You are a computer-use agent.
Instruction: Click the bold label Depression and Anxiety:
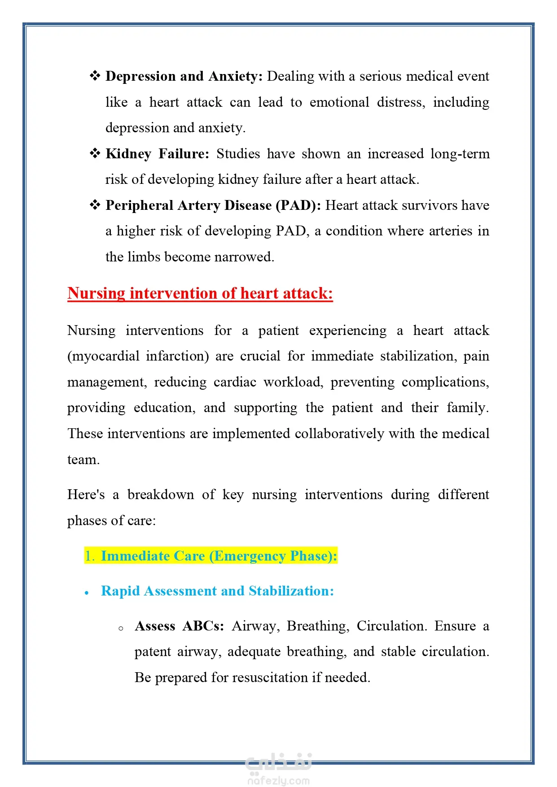click(x=184, y=76)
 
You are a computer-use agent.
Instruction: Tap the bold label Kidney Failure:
click(x=157, y=154)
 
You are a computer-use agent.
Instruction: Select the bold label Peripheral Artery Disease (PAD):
click(x=213, y=205)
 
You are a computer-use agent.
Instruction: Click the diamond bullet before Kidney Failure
click(x=95, y=153)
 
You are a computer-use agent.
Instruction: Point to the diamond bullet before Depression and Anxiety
click(x=95, y=76)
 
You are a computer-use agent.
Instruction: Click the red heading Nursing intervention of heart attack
click(x=200, y=293)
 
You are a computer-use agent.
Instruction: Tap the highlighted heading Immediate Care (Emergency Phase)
click(x=219, y=556)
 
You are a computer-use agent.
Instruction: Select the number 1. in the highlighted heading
click(x=90, y=556)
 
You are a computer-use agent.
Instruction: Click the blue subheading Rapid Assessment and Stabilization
click(x=217, y=591)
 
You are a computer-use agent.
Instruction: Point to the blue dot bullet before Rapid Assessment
click(x=87, y=593)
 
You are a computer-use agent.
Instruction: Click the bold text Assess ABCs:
click(x=179, y=626)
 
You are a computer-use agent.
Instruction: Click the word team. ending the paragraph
click(x=83, y=460)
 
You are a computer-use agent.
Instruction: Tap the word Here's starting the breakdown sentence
click(x=86, y=495)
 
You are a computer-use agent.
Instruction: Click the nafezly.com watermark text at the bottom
click(x=278, y=781)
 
